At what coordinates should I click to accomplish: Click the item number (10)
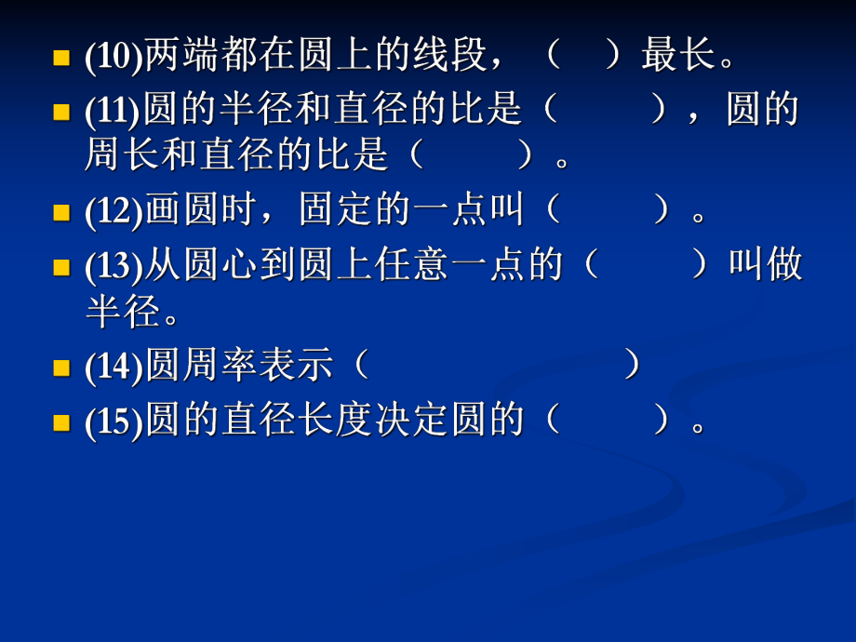coord(113,59)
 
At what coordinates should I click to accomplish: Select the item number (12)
coord(113,213)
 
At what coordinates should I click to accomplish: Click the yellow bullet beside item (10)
coord(61,59)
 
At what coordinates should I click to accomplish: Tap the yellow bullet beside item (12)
coord(61,213)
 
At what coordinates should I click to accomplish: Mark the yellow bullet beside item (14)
coord(61,368)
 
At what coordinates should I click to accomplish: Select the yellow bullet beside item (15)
coord(61,423)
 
